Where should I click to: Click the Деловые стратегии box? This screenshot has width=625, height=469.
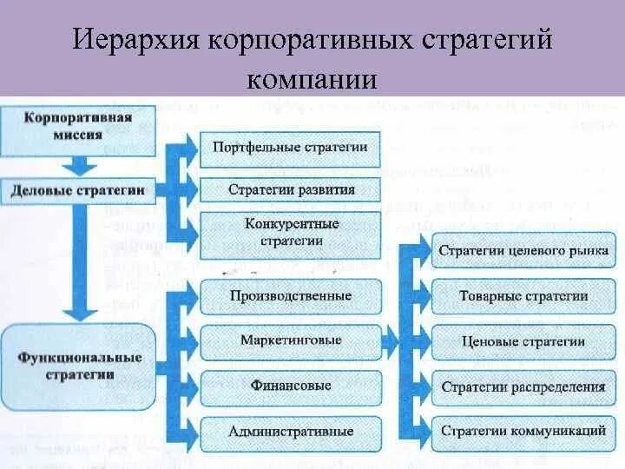pyautogui.click(x=78, y=188)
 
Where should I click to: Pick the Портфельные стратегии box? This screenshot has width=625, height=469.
pyautogui.click(x=291, y=147)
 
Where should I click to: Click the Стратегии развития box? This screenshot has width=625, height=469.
pyautogui.click(x=291, y=188)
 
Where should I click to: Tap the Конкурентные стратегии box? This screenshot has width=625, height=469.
pyautogui.click(x=291, y=232)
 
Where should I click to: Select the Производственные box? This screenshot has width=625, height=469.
pyautogui.click(x=291, y=296)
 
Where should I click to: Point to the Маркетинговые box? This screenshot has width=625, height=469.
pyautogui.click(x=291, y=340)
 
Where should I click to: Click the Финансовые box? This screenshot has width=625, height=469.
pyautogui.click(x=291, y=386)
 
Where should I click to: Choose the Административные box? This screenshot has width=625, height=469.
pyautogui.click(x=291, y=431)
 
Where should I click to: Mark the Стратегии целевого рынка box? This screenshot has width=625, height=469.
pyautogui.click(x=523, y=251)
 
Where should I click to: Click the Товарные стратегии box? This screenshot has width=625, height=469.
pyautogui.click(x=523, y=296)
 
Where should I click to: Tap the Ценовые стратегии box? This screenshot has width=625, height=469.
pyautogui.click(x=523, y=341)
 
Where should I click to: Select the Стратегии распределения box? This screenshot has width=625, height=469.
pyautogui.click(x=523, y=386)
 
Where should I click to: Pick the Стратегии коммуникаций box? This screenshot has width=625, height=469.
pyautogui.click(x=523, y=431)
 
